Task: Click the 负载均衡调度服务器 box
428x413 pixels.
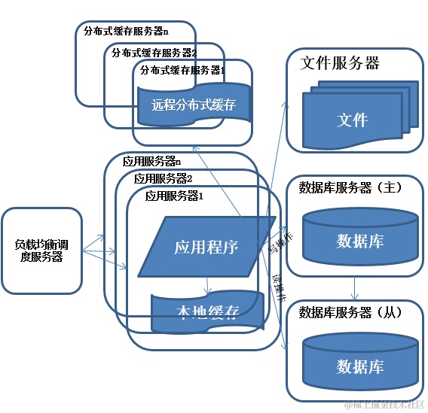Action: (42, 251)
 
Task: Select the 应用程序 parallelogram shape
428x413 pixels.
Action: (206, 247)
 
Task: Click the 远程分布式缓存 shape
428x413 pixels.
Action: (194, 105)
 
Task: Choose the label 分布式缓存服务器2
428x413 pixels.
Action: (154, 53)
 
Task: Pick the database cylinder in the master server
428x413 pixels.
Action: (359, 237)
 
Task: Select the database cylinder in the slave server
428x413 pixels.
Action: (359, 362)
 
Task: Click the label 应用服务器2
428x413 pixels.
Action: (164, 178)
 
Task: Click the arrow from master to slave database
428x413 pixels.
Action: (354, 286)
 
